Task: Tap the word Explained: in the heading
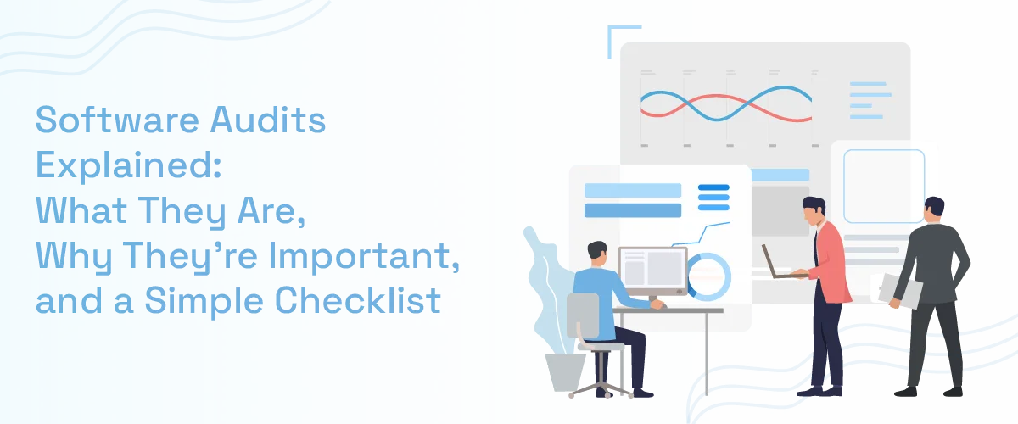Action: [x=127, y=166]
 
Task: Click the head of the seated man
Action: [x=597, y=252]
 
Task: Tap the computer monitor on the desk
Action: [x=652, y=271]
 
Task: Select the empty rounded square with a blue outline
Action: [x=884, y=187]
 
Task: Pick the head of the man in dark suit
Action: [x=934, y=209]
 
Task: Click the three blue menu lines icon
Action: [x=713, y=197]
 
